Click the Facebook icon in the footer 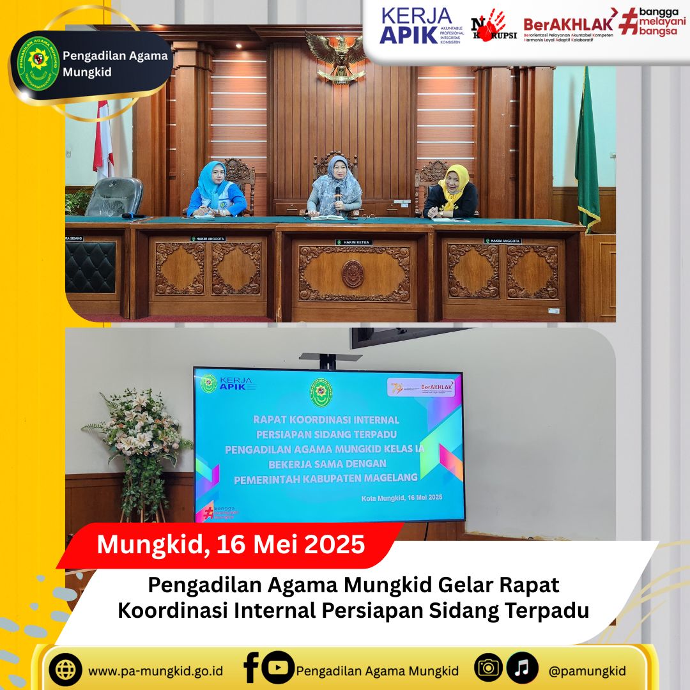coord(250,669)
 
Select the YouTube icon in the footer coord(278,668)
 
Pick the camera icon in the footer coord(489,669)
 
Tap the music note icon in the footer coord(522,669)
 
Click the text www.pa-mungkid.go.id coord(155,671)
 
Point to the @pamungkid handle coord(586,671)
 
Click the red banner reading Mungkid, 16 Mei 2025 coord(231,545)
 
